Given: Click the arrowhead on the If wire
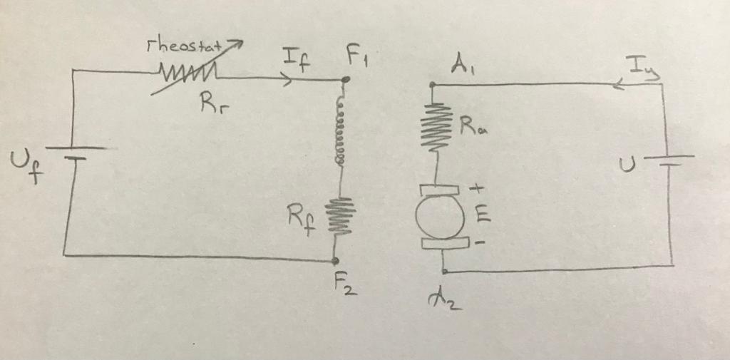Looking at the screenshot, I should [287, 80].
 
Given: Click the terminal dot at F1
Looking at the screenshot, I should [346, 81].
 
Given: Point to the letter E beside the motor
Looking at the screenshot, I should [483, 212].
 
